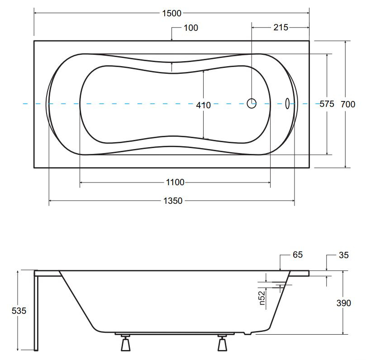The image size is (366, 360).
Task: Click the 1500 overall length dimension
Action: [172, 13]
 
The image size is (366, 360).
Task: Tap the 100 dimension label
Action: [191, 28]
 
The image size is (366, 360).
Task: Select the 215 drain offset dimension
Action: [281, 28]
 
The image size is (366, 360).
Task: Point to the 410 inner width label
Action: [203, 105]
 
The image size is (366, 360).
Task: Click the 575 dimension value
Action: [327, 104]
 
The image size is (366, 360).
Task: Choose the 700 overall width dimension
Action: [348, 104]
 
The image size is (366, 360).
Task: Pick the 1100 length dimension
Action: [175, 182]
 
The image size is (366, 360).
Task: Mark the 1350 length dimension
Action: [173, 201]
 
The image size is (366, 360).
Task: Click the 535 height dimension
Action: [19, 311]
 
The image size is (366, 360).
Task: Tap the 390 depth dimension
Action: [343, 303]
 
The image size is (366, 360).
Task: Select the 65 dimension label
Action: [298, 254]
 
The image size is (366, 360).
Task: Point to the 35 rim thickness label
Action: [343, 255]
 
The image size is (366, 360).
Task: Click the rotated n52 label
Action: [262, 298]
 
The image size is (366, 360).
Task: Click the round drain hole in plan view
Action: [252, 103]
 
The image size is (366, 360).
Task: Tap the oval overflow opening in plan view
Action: [287, 103]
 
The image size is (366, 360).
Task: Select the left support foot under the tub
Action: [126, 343]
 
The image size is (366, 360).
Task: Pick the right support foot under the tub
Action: [222, 343]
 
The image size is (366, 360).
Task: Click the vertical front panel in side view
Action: [36, 311]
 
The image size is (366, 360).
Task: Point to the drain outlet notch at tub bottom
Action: [248, 333]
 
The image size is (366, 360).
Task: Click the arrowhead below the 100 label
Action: [172, 39]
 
